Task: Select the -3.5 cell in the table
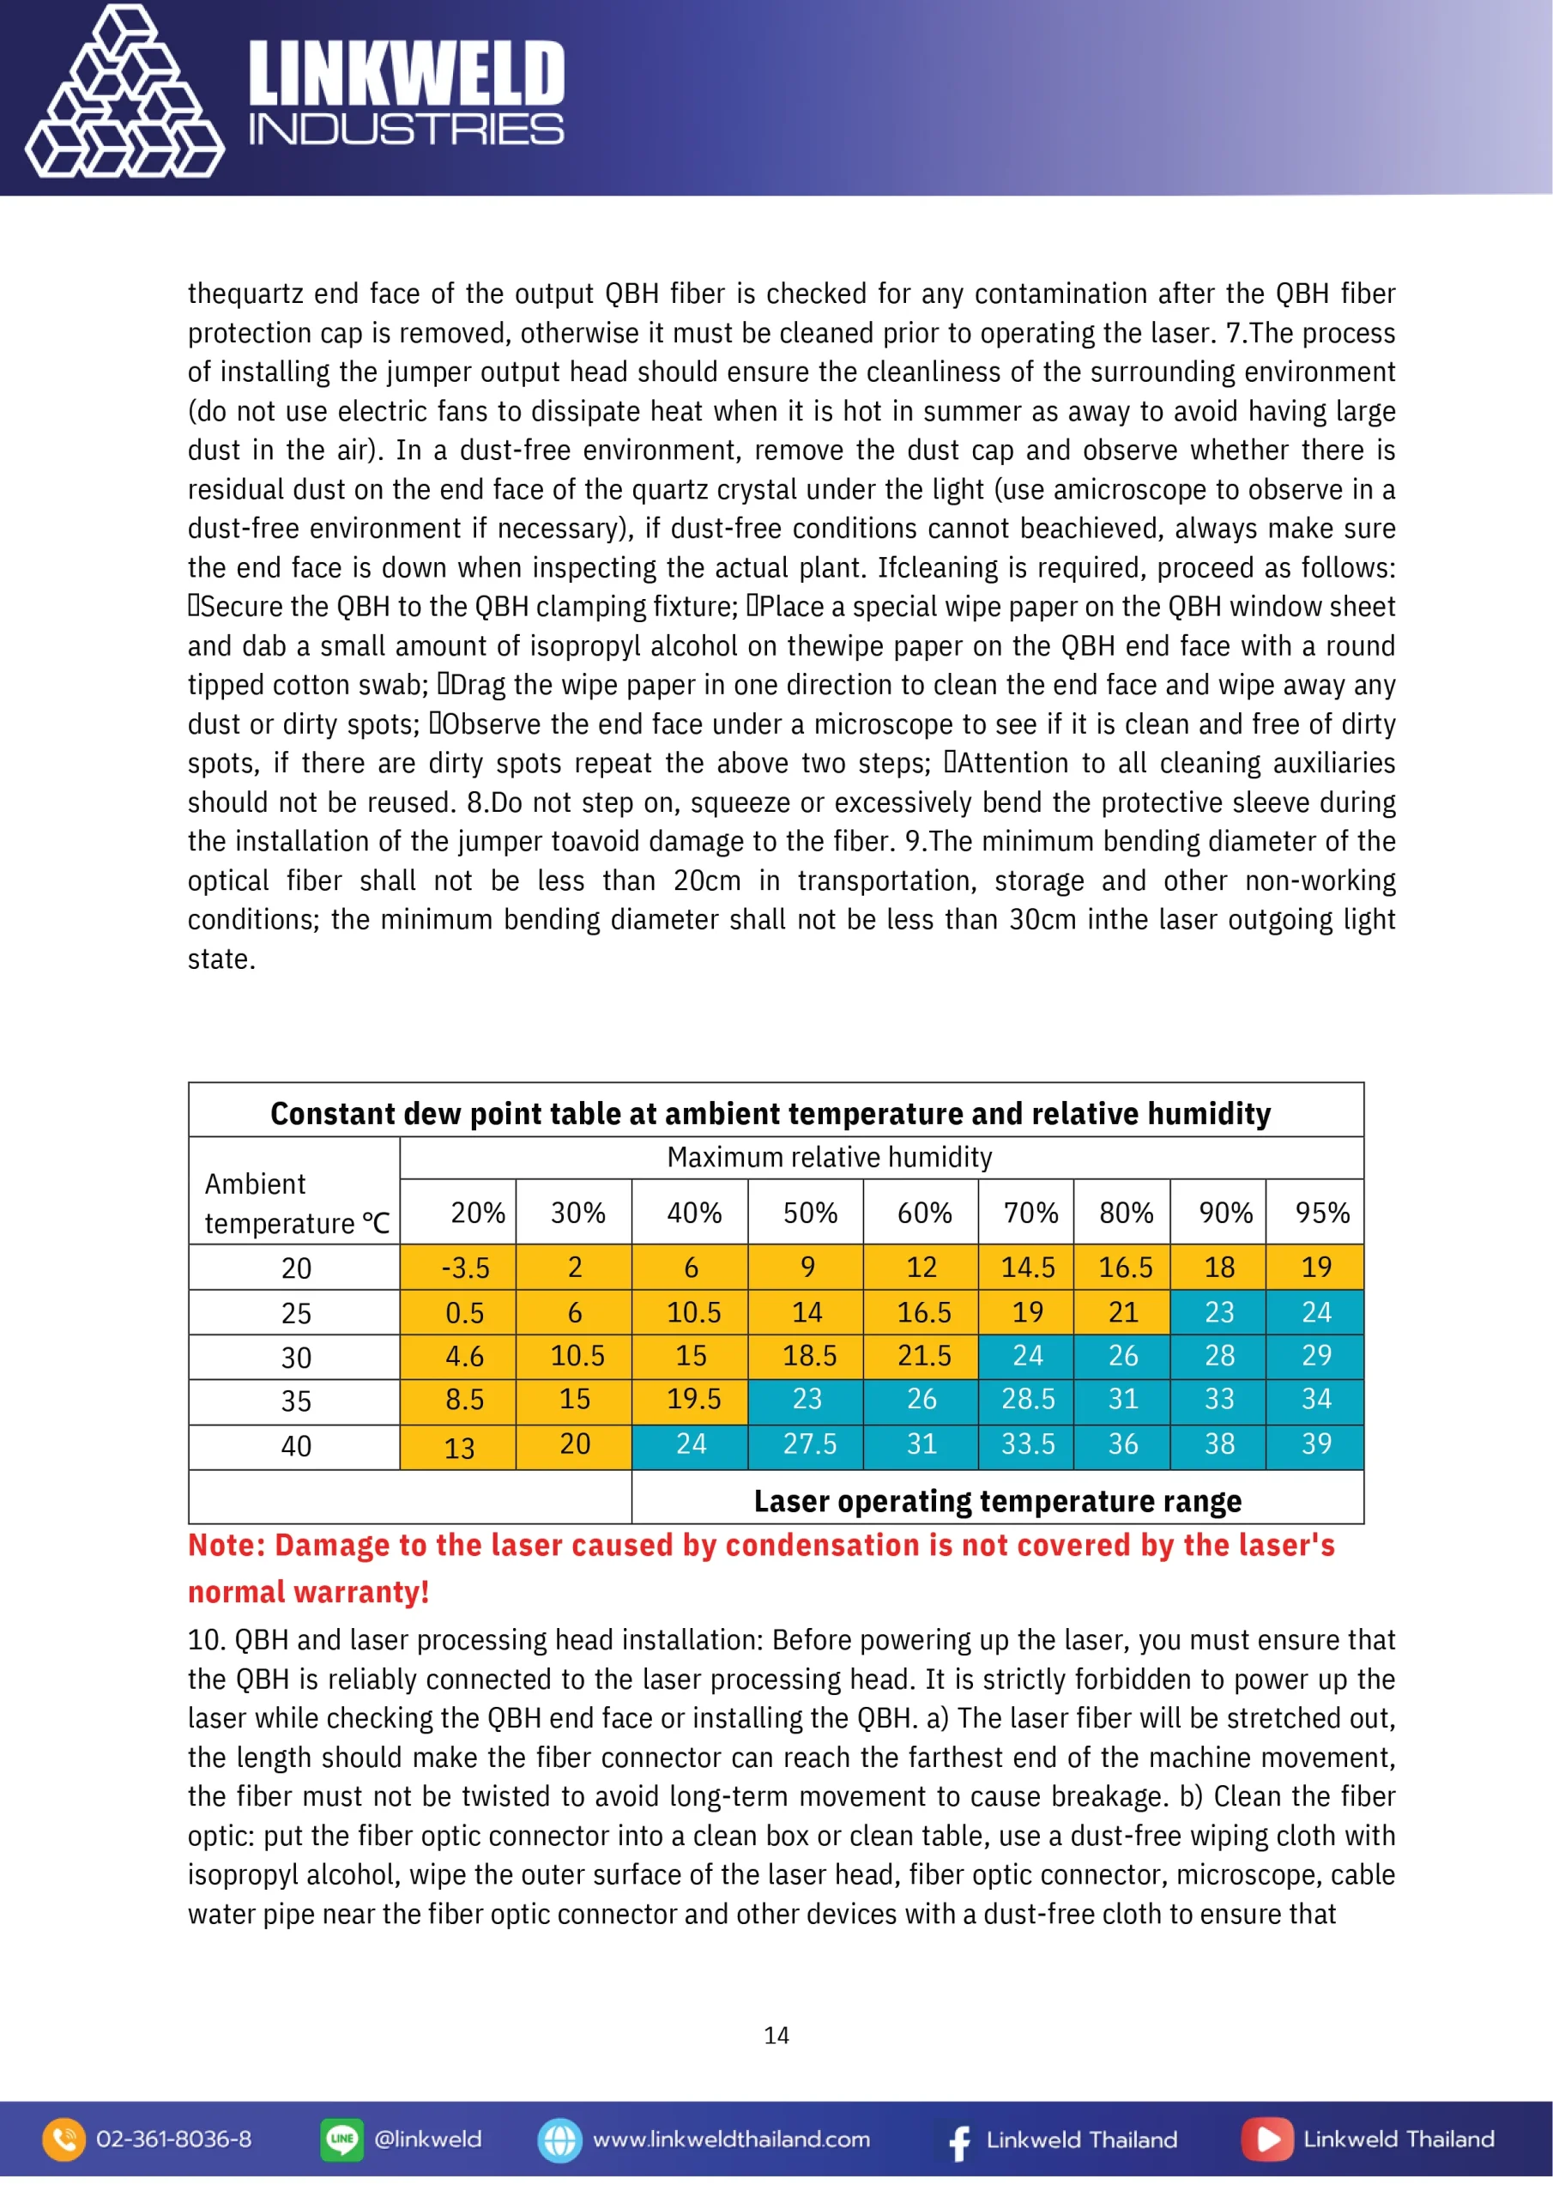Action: pos(465,1268)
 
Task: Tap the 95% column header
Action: pos(1321,1213)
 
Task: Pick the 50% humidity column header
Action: pos(809,1213)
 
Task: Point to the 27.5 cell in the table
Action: pos(809,1444)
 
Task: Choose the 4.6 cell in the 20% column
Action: pos(465,1357)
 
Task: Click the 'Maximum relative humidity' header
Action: pos(829,1158)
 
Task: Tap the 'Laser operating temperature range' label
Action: pos(997,1500)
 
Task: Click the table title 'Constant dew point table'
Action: pos(770,1114)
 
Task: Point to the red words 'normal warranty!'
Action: pos(308,1592)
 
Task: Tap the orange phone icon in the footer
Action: pos(64,2140)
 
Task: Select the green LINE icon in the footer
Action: pos(341,2140)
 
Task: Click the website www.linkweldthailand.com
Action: pos(731,2140)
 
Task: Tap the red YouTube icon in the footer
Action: pos(1267,2140)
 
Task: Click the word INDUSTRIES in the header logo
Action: pos(406,130)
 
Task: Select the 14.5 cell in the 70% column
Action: pos(1028,1268)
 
